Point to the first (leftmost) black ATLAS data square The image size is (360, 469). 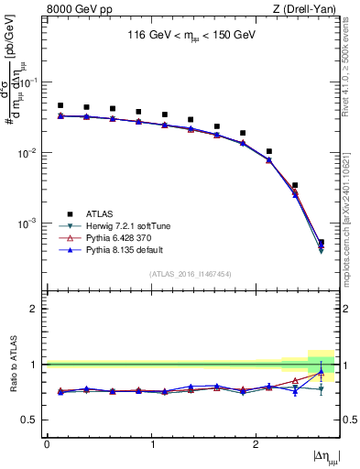(60, 105)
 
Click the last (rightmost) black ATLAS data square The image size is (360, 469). (321, 243)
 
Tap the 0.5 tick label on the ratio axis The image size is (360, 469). (32, 420)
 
